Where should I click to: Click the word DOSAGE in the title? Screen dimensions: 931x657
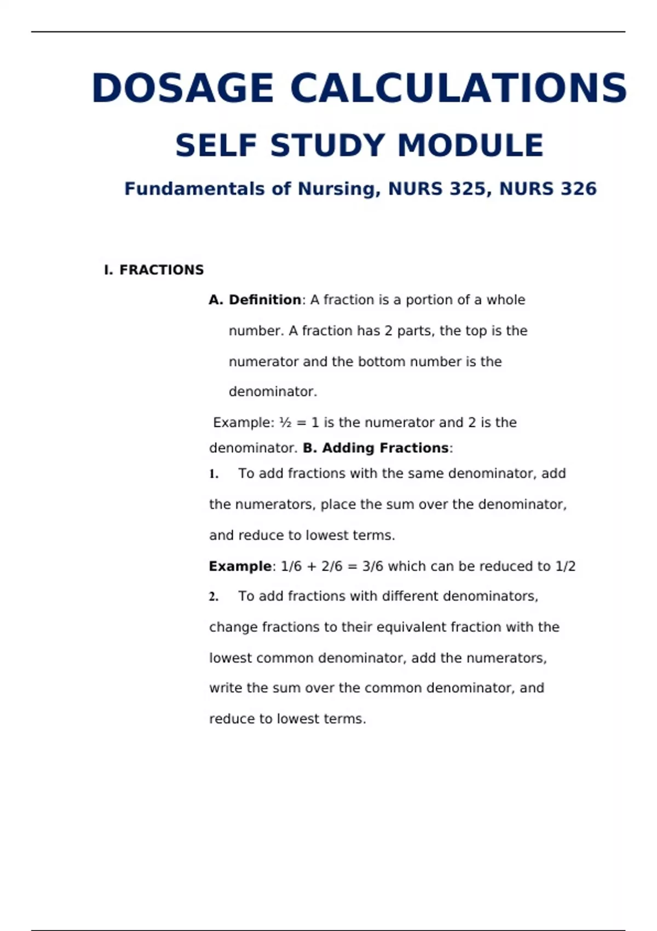(183, 88)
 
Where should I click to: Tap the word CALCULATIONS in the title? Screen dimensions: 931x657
(459, 88)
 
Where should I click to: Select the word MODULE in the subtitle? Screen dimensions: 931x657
(470, 146)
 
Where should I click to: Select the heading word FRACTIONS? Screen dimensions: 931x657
(162, 270)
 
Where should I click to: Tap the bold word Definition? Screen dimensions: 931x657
(264, 300)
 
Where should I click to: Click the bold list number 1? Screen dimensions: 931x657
(214, 474)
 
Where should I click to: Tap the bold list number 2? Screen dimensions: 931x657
(214, 597)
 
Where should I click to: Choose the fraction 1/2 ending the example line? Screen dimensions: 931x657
(566, 566)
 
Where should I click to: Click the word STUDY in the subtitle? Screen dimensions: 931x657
(327, 146)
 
